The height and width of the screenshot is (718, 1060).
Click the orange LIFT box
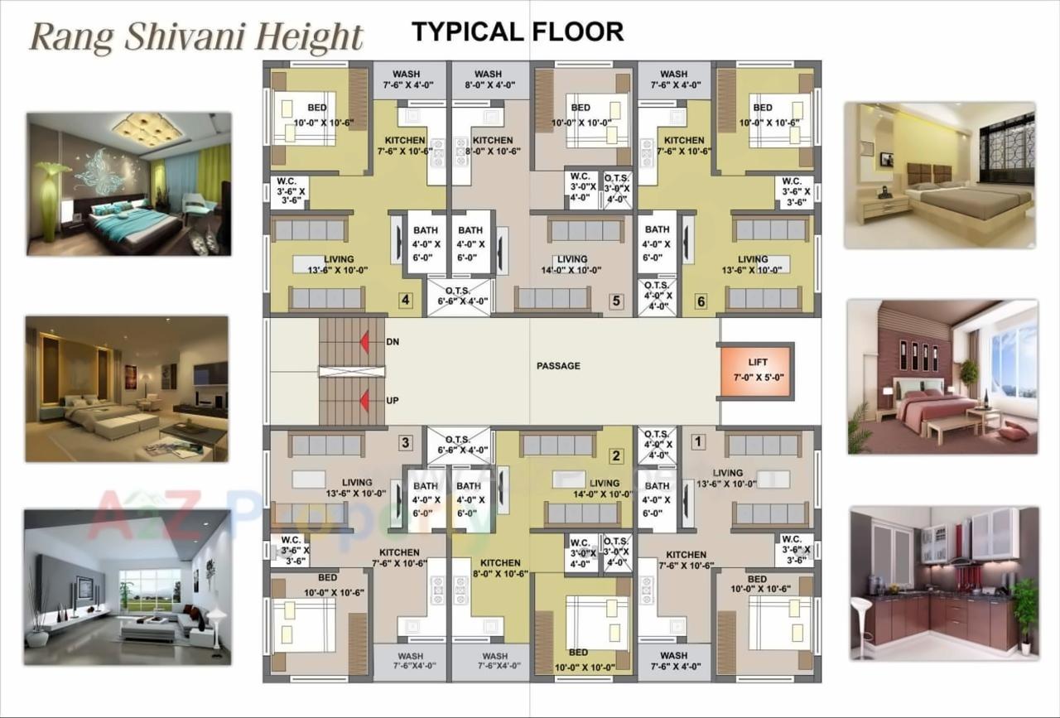coord(756,370)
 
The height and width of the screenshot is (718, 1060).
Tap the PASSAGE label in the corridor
coord(558,365)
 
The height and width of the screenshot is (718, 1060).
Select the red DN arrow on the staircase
coord(364,341)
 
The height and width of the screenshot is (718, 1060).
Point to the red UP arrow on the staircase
coord(364,401)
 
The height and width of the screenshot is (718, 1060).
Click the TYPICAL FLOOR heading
coord(518,32)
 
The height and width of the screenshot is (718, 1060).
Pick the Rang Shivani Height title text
coord(196,37)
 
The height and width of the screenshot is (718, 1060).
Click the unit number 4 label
coord(405,300)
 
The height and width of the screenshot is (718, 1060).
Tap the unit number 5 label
coord(615,301)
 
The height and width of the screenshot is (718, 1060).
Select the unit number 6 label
coord(701,301)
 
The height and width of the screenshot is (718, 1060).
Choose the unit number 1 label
coord(697,442)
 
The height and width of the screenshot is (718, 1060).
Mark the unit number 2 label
coord(615,455)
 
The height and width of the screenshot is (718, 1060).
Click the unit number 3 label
coord(405,443)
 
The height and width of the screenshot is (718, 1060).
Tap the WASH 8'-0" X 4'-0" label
coord(488,80)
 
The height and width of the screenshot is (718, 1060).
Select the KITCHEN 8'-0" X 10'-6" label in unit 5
coord(492,146)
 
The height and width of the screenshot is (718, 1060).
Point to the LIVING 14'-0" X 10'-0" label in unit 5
coord(572,264)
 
